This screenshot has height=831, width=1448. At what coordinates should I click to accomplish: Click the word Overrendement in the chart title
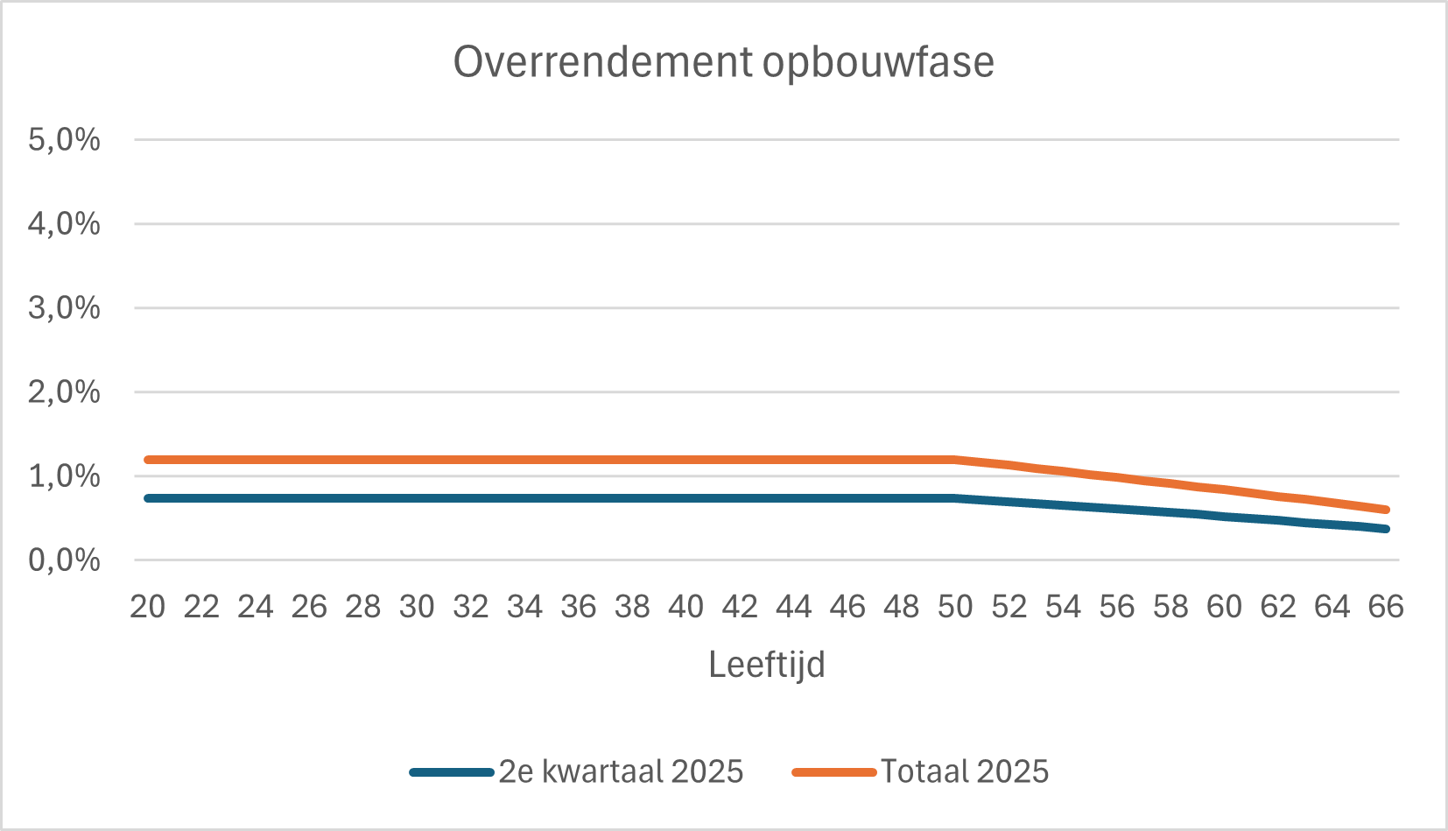point(602,63)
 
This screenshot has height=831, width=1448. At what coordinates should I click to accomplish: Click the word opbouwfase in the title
point(878,63)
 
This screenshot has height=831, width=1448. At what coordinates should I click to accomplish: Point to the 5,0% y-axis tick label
point(64,139)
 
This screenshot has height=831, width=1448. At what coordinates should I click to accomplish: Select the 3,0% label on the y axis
point(64,307)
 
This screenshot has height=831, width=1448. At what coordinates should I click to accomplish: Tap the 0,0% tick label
point(64,560)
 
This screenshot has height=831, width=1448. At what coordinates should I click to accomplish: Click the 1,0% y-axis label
point(64,476)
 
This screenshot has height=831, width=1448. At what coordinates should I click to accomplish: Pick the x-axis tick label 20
point(147,606)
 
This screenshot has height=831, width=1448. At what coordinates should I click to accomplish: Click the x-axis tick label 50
point(955,606)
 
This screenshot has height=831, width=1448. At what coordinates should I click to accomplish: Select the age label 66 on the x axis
point(1386,606)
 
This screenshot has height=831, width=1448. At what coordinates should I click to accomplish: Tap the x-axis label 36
point(578,606)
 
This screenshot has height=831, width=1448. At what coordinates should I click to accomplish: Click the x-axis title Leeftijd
point(766,665)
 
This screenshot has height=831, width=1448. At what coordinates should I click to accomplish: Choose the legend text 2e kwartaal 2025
point(621,771)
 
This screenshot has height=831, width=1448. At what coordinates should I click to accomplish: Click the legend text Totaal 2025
point(964,771)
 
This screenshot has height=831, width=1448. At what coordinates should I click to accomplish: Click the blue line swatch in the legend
point(452,772)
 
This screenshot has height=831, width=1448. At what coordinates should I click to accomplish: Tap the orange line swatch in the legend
point(833,772)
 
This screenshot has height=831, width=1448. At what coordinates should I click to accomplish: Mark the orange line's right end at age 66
point(1386,510)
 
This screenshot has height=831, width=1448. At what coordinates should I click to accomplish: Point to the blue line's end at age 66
point(1386,529)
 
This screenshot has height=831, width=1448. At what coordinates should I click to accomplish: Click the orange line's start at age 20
point(148,460)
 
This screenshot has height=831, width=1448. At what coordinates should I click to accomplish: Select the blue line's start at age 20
point(148,498)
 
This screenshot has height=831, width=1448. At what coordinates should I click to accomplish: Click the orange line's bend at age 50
point(955,460)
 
